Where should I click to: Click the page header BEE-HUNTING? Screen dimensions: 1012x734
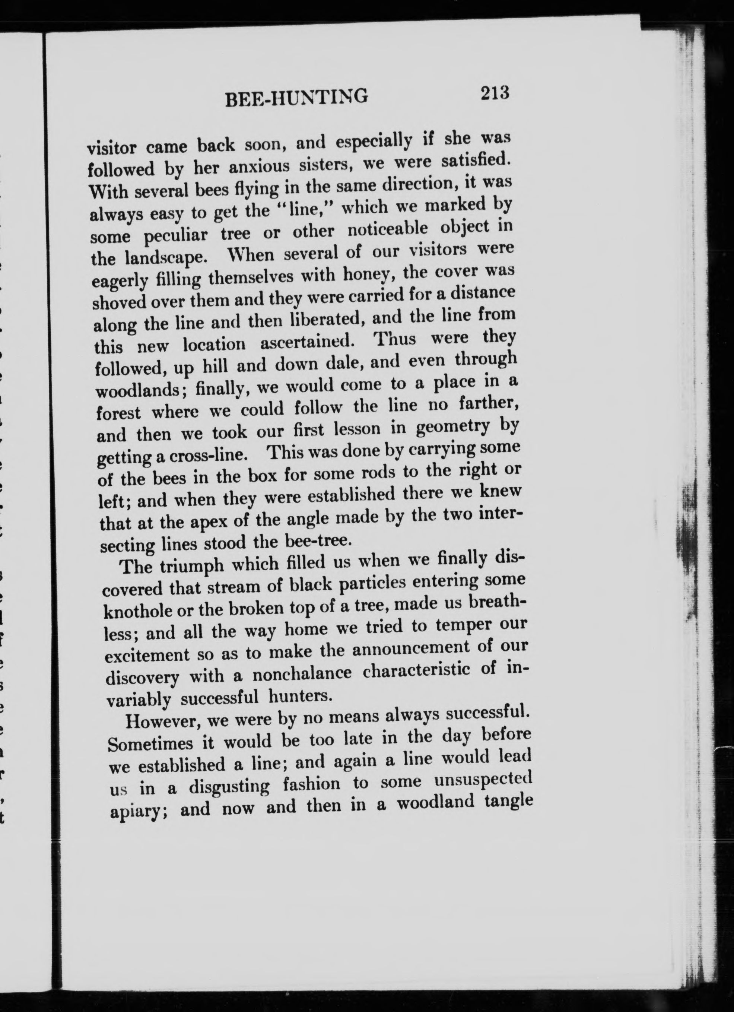[297, 97]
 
